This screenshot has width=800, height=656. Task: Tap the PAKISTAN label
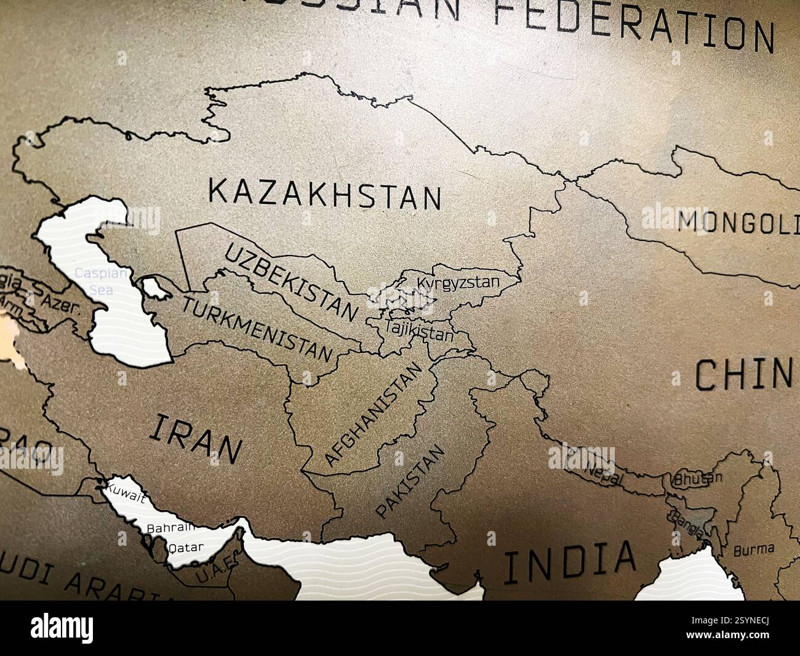click(410, 482)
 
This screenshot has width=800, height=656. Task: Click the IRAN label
click(194, 438)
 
